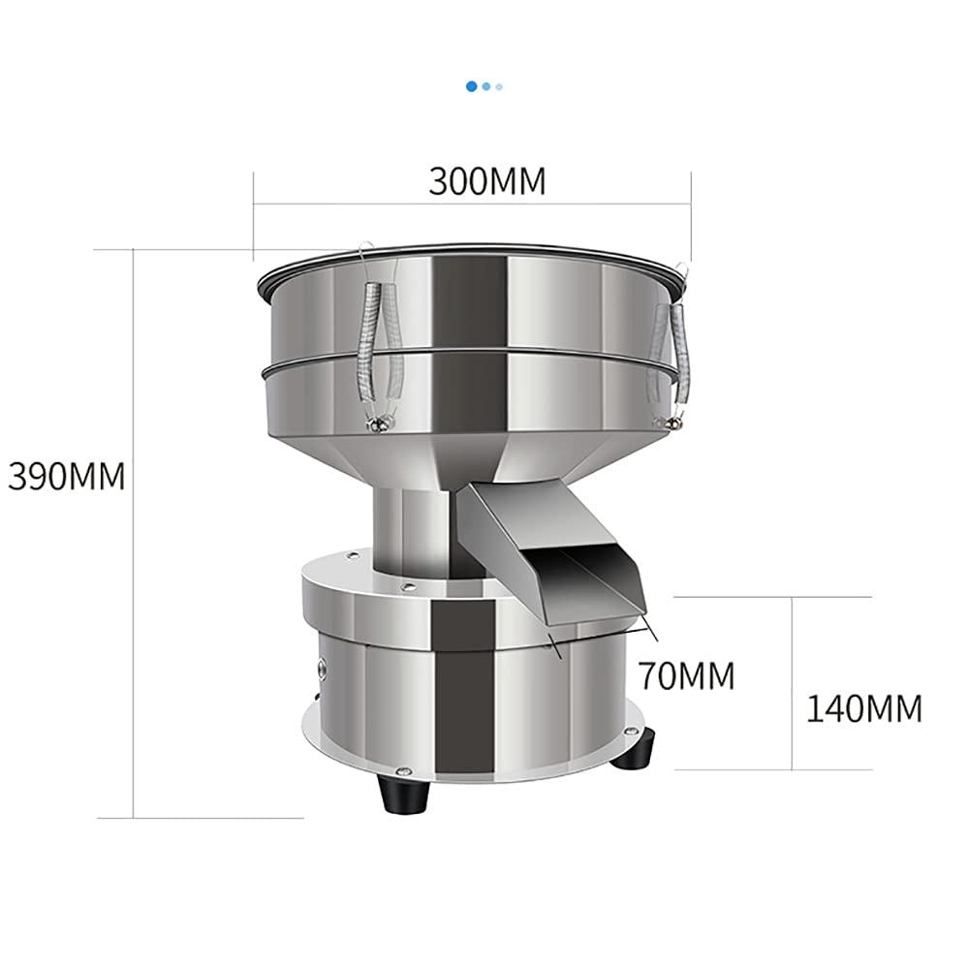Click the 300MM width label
click(487, 181)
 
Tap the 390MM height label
click(67, 476)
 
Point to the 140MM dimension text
click(864, 708)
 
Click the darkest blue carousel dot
click(472, 86)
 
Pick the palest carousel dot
click(499, 86)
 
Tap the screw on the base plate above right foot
click(634, 734)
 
